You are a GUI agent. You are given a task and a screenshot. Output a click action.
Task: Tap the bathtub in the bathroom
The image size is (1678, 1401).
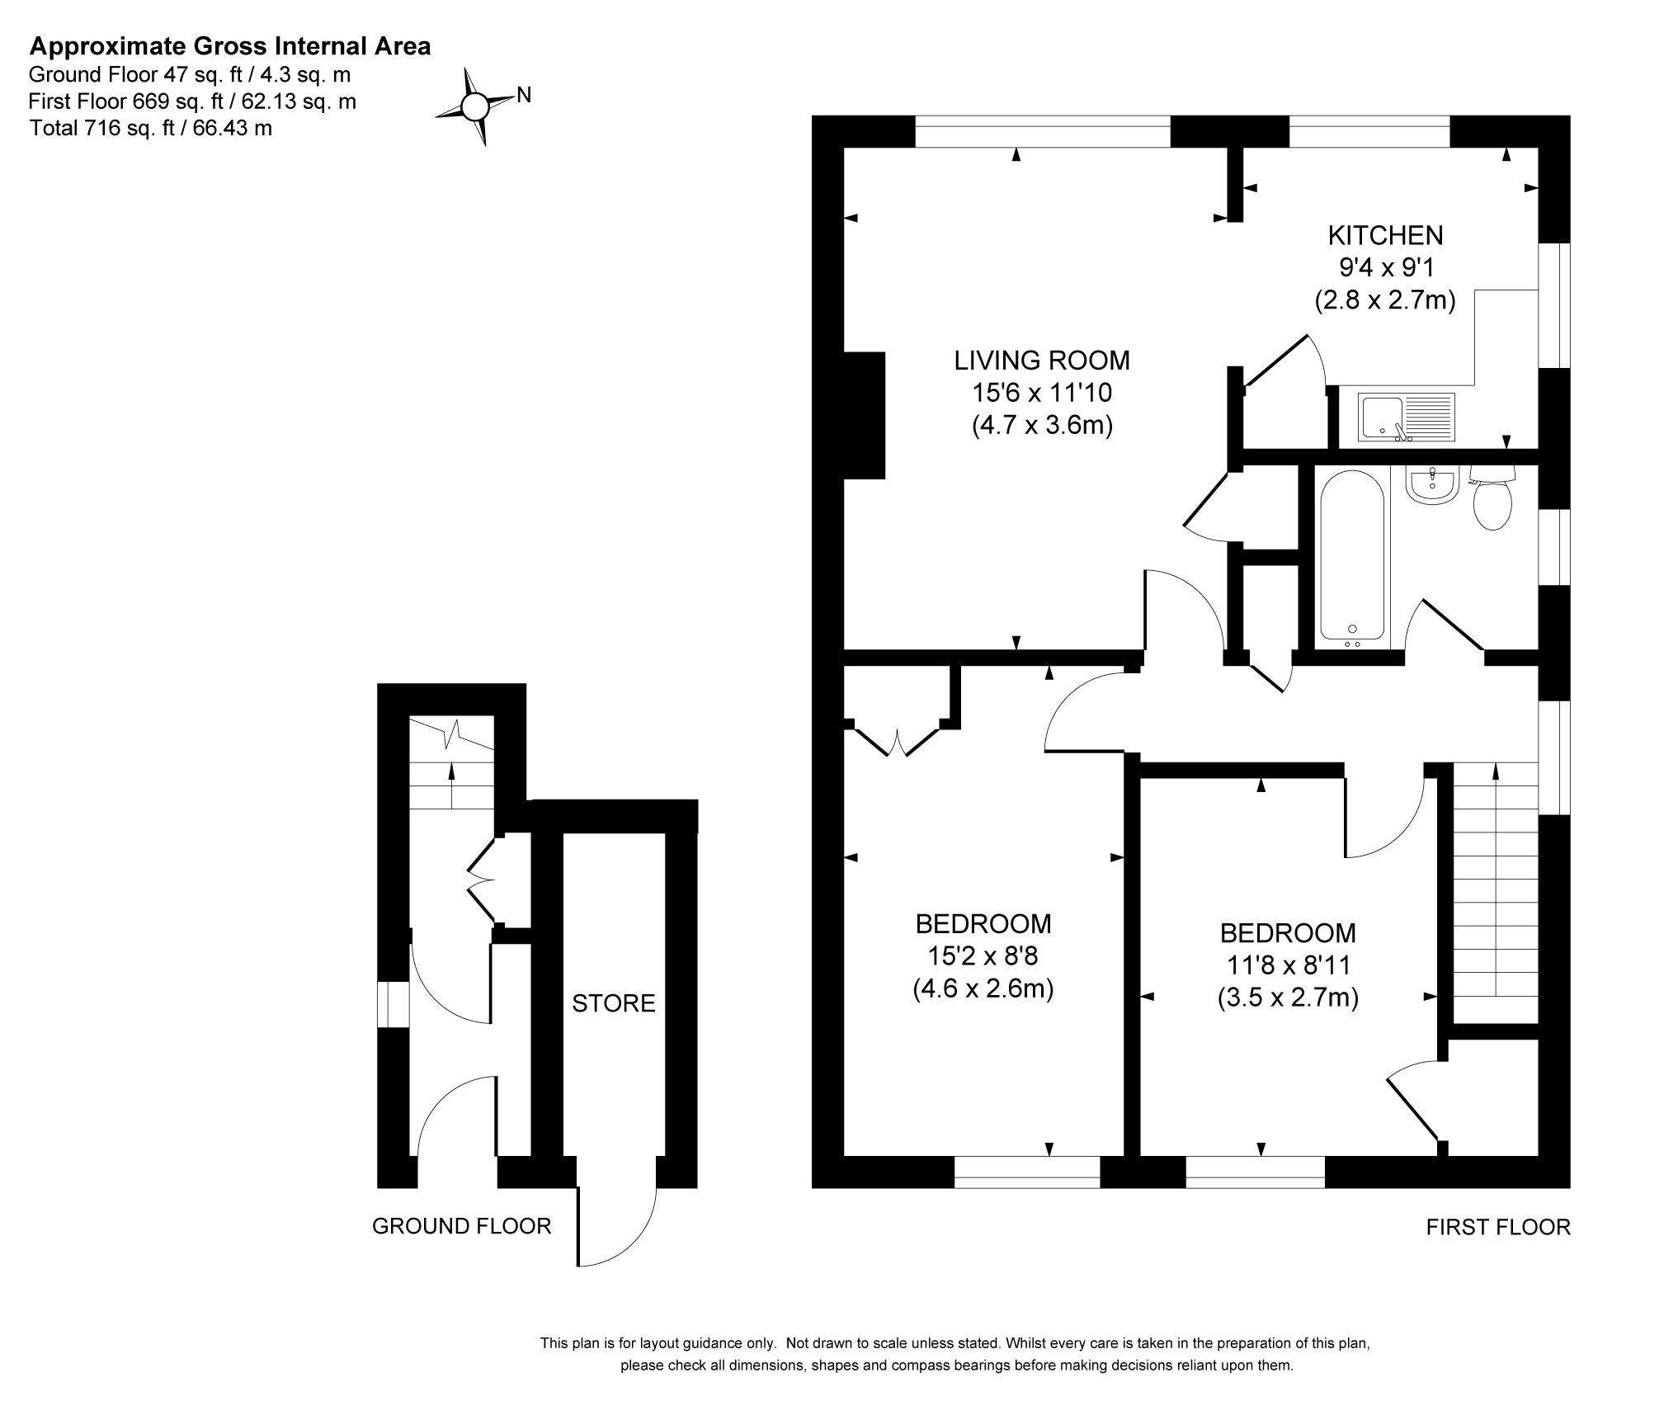click(x=1352, y=555)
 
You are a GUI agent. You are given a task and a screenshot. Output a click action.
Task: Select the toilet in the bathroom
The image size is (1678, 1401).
click(x=1492, y=498)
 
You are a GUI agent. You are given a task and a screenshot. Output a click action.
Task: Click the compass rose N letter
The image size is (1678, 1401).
click(x=524, y=96)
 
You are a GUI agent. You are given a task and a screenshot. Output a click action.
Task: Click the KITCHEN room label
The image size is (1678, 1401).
click(x=1385, y=236)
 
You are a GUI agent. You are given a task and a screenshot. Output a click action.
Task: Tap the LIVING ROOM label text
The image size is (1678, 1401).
click(x=1042, y=361)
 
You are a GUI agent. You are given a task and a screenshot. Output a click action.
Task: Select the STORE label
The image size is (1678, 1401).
click(x=614, y=1003)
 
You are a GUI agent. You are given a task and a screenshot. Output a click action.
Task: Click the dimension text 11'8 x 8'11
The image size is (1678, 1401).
click(x=1288, y=965)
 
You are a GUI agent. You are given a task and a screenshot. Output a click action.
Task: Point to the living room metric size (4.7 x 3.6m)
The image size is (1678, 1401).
click(x=1042, y=425)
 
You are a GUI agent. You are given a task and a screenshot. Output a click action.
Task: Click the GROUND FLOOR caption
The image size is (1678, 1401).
click(x=461, y=1226)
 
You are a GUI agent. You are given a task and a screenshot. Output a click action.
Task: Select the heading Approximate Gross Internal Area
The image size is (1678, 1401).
click(x=229, y=46)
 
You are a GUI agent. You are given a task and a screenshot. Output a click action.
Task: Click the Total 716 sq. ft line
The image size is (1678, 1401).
click(x=150, y=128)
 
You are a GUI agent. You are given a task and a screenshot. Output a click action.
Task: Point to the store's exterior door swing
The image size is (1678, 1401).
click(x=617, y=1222)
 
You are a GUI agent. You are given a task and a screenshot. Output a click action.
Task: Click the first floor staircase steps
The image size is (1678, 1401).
click(x=1495, y=893)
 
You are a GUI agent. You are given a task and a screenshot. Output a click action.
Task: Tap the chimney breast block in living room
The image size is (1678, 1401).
click(x=864, y=415)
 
